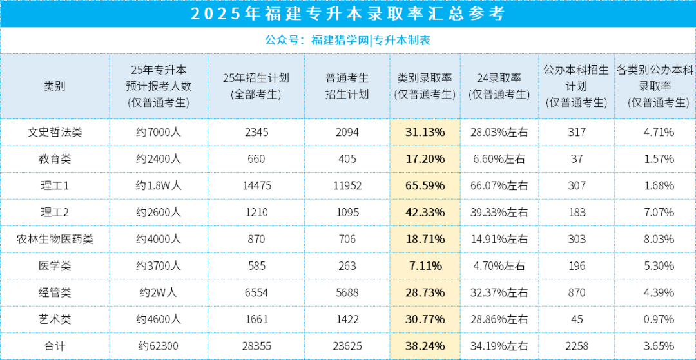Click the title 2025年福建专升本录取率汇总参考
pyautogui.click(x=348, y=14)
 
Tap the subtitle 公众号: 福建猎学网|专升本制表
pyautogui.click(x=348, y=40)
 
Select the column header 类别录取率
pyautogui.click(x=425, y=86)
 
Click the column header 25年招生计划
pyautogui.click(x=256, y=86)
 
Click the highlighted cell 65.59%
pyautogui.click(x=425, y=185)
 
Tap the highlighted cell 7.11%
pyautogui.click(x=425, y=265)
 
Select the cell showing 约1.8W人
pyautogui.click(x=159, y=185)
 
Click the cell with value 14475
pyautogui.click(x=256, y=185)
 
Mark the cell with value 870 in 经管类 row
pyautogui.click(x=577, y=292)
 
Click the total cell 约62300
pyautogui.click(x=159, y=346)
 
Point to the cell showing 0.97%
pyautogui.click(x=655, y=319)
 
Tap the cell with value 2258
pyautogui.click(x=577, y=346)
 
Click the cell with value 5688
pyautogui.click(x=347, y=292)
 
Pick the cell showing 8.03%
pyautogui.click(x=655, y=239)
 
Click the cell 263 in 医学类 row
pyautogui.click(x=347, y=265)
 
